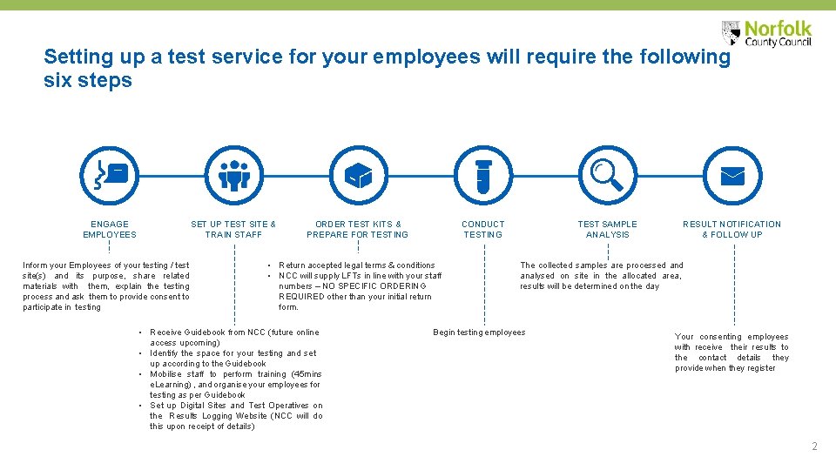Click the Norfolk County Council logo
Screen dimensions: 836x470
766,33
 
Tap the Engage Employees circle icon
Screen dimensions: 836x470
110,174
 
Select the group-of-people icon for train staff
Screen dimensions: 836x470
233,174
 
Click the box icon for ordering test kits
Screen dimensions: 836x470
357,174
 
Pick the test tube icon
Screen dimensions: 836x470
483,174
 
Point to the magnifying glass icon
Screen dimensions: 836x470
607,174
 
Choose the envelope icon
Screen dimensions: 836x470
731,174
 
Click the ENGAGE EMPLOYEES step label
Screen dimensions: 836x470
110,229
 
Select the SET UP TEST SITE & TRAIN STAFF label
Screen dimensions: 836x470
233,229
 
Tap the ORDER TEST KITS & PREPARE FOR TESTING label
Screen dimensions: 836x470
357,229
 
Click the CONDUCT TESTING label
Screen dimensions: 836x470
483,229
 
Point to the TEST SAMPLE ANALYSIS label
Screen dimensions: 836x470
607,229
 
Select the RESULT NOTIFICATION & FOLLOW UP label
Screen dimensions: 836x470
731,229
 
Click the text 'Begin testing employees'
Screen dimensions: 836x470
479,332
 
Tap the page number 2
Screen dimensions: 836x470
814,446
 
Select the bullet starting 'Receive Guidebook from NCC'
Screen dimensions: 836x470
234,338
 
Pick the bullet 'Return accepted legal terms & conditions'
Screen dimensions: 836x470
356,265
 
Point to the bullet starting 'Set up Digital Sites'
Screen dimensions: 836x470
235,416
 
